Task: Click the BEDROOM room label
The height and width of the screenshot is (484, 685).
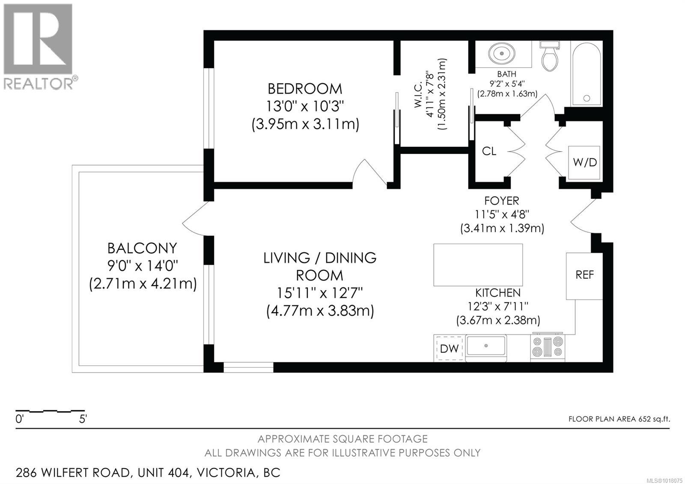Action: click(x=305, y=89)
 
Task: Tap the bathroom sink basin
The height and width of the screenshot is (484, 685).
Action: click(x=500, y=54)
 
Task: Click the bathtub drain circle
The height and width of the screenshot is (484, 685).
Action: click(x=587, y=98)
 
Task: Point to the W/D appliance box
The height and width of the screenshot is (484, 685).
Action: click(x=584, y=162)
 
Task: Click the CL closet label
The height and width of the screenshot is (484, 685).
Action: click(x=489, y=151)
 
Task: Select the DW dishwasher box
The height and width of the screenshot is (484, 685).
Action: click(x=449, y=348)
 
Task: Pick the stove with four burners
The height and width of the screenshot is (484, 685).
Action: click(x=547, y=347)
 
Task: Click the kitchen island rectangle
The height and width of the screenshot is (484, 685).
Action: click(x=478, y=265)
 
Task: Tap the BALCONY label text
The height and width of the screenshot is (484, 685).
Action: click(x=142, y=248)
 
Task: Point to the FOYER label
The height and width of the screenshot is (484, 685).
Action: click(x=501, y=200)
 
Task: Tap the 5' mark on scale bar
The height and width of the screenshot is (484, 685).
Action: click(x=83, y=419)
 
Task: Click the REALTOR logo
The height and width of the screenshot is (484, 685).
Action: click(x=39, y=47)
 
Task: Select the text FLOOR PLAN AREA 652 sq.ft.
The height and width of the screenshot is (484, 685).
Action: click(x=619, y=419)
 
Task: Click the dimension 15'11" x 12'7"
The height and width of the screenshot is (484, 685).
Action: click(x=319, y=293)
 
